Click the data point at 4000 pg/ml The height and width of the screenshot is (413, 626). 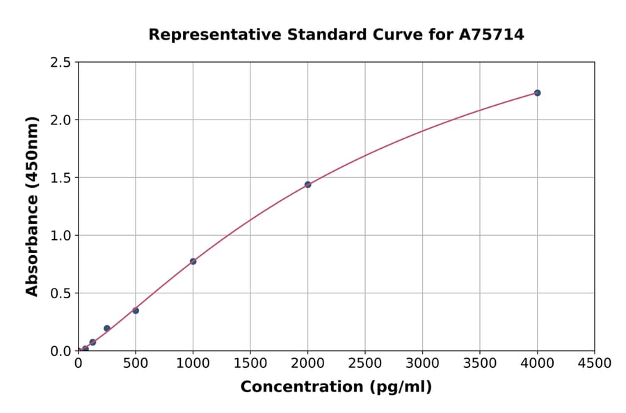(537, 92)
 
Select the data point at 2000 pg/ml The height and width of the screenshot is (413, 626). (307, 184)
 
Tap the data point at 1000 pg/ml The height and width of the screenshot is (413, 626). (193, 261)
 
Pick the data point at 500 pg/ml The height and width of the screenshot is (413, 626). (136, 310)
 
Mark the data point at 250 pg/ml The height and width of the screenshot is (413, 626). (107, 328)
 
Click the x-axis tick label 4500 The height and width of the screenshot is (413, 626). (594, 363)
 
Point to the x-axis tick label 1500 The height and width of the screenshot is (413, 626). (250, 363)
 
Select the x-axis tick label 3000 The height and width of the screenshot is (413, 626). (422, 363)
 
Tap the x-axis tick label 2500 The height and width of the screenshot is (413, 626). (365, 363)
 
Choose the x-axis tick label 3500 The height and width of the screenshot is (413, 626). (480, 363)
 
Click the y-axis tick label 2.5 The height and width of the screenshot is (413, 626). (61, 63)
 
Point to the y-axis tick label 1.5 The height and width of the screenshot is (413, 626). (61, 178)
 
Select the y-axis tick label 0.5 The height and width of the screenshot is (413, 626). (61, 293)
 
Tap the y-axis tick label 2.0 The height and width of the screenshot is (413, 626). (61, 120)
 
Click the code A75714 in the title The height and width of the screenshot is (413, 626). (492, 34)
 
